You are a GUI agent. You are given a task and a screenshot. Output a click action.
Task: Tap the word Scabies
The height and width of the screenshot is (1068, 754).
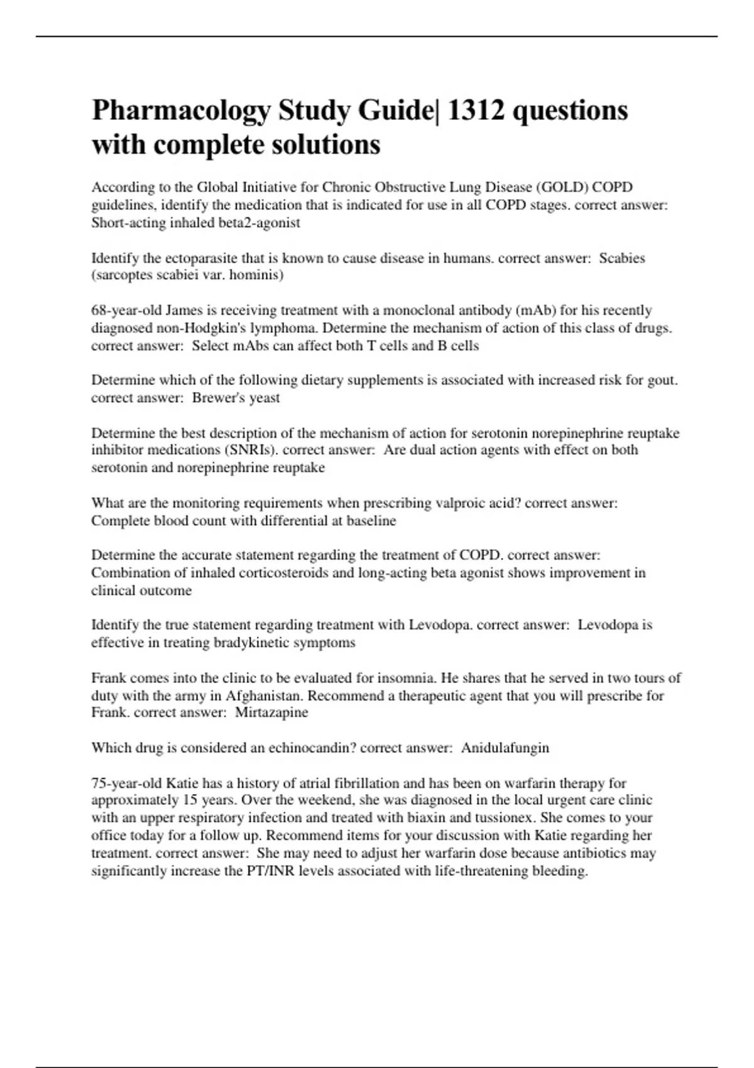click(622, 258)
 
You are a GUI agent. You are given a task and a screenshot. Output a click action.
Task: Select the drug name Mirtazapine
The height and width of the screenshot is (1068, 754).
click(271, 712)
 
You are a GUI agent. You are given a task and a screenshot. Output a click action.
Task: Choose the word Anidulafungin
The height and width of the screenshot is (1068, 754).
click(505, 748)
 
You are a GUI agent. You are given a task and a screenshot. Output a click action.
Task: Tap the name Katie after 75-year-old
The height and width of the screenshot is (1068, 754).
click(182, 783)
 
